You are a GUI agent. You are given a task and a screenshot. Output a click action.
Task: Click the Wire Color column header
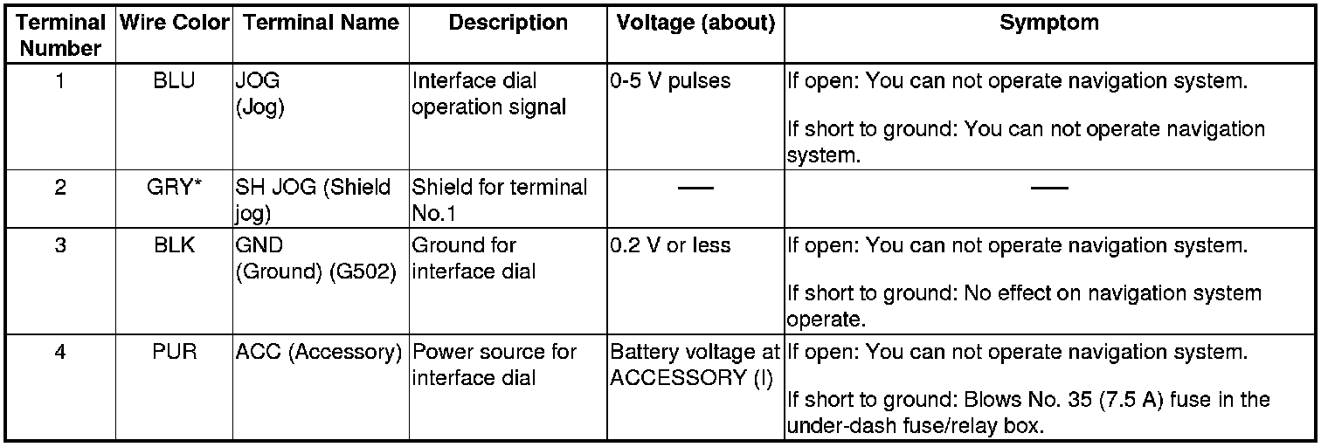(173, 24)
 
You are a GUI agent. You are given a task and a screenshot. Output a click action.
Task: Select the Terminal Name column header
(321, 24)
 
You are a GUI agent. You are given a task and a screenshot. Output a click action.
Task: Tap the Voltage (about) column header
(695, 24)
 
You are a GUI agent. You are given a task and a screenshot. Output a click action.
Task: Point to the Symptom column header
(1048, 24)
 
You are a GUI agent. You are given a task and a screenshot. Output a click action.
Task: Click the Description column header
(508, 24)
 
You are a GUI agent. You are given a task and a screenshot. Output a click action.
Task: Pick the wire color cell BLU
(173, 82)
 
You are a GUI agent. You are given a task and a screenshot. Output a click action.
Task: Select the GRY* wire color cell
(173, 188)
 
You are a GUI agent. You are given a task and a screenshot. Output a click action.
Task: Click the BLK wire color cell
(173, 245)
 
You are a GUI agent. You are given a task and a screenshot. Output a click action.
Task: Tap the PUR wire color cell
(173, 353)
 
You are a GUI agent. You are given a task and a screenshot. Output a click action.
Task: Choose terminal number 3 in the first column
(60, 245)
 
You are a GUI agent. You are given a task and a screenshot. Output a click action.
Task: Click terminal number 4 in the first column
(60, 353)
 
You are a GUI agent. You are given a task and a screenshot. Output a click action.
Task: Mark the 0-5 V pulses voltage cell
(671, 82)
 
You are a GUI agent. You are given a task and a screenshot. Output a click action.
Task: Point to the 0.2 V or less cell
(670, 245)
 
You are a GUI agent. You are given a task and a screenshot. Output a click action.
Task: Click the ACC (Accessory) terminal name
(318, 353)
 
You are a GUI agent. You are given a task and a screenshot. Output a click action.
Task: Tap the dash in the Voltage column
(695, 189)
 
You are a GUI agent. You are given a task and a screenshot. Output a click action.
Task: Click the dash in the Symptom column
(1048, 189)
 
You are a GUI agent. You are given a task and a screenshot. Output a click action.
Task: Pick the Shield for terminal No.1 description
(499, 200)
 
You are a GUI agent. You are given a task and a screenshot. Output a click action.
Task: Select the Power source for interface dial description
(494, 365)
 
